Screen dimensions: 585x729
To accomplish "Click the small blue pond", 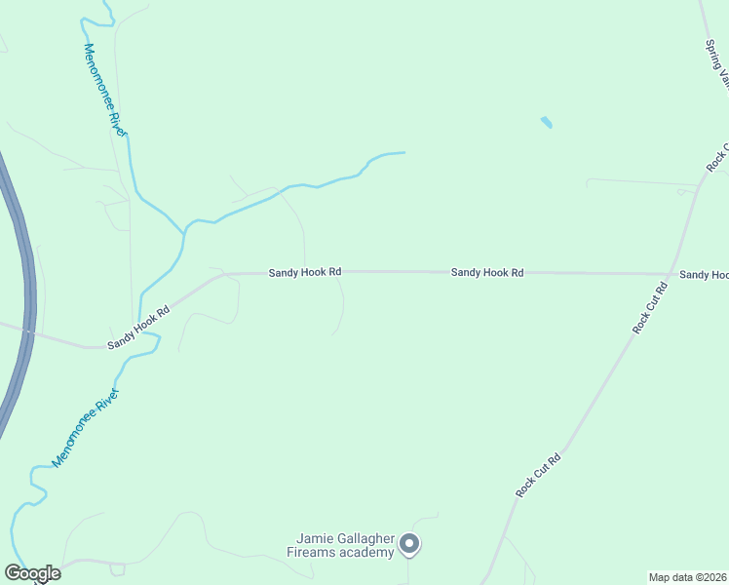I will pyautogui.click(x=546, y=123).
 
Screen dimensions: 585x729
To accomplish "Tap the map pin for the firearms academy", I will pyautogui.click(x=410, y=544).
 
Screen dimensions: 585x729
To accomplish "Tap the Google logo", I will pyautogui.click(x=32, y=572).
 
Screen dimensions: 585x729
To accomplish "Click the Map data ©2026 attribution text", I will pyautogui.click(x=688, y=577).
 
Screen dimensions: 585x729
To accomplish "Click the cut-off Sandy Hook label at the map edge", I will pyautogui.click(x=704, y=275).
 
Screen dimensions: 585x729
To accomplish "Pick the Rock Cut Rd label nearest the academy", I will pyautogui.click(x=539, y=476).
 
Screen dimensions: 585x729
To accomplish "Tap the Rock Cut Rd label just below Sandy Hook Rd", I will pyautogui.click(x=649, y=308).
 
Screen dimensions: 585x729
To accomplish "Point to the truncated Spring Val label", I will pyautogui.click(x=717, y=64).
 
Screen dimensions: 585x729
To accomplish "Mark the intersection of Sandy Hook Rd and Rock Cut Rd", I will pyautogui.click(x=671, y=274).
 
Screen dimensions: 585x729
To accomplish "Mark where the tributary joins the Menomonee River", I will pyautogui.click(x=184, y=232).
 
